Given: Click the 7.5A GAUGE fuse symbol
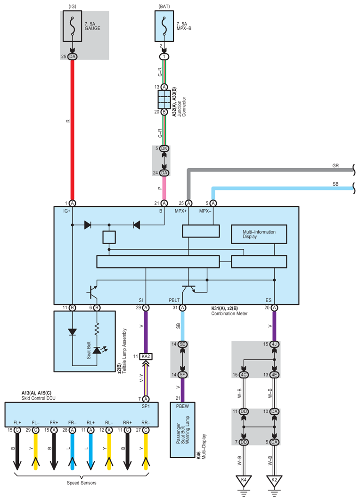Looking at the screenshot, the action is coord(72,26).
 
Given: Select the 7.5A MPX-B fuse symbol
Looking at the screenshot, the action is coord(164,26).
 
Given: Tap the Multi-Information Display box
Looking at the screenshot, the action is coord(259,234).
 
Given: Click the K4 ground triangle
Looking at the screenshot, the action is coord(244,481).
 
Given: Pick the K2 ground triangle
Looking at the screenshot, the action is coord(274,481).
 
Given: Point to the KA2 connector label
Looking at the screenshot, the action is coord(146,356).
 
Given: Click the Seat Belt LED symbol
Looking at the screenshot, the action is coord(97,350).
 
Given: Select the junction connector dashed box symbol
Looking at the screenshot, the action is coord(164,99).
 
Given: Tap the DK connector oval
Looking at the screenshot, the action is coord(164,148).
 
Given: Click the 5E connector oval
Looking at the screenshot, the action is coord(182,344).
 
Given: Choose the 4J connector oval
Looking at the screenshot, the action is coord(274,344).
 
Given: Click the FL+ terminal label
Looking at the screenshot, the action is coord(17,422).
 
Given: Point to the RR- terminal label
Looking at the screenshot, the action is coord(146,422).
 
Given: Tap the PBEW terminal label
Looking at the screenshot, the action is coord(182,406).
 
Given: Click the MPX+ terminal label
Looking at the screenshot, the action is coord(181,211).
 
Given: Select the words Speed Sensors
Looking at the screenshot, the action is coord(82,483).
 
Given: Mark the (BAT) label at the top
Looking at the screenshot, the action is coord(164,7).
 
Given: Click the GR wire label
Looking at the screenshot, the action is coord(335,165).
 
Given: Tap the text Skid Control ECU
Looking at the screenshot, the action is coord(38,398).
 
